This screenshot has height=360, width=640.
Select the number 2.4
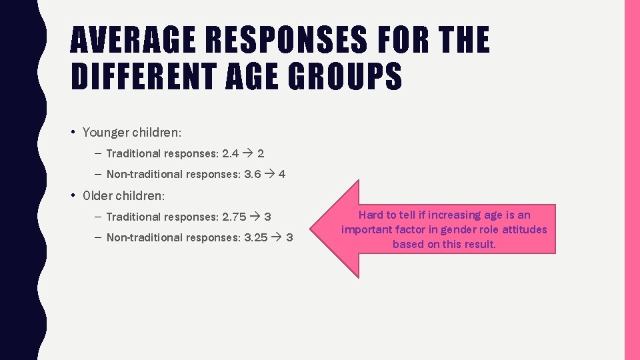tap(230, 153)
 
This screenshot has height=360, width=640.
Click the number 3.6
tap(253, 174)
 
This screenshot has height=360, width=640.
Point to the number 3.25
tap(256, 237)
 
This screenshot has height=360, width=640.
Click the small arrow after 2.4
tap(247, 153)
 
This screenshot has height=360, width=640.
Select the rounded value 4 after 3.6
tap(282, 174)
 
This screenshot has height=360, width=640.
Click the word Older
tap(97, 196)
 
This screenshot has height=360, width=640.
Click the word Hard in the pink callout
tap(371, 215)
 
